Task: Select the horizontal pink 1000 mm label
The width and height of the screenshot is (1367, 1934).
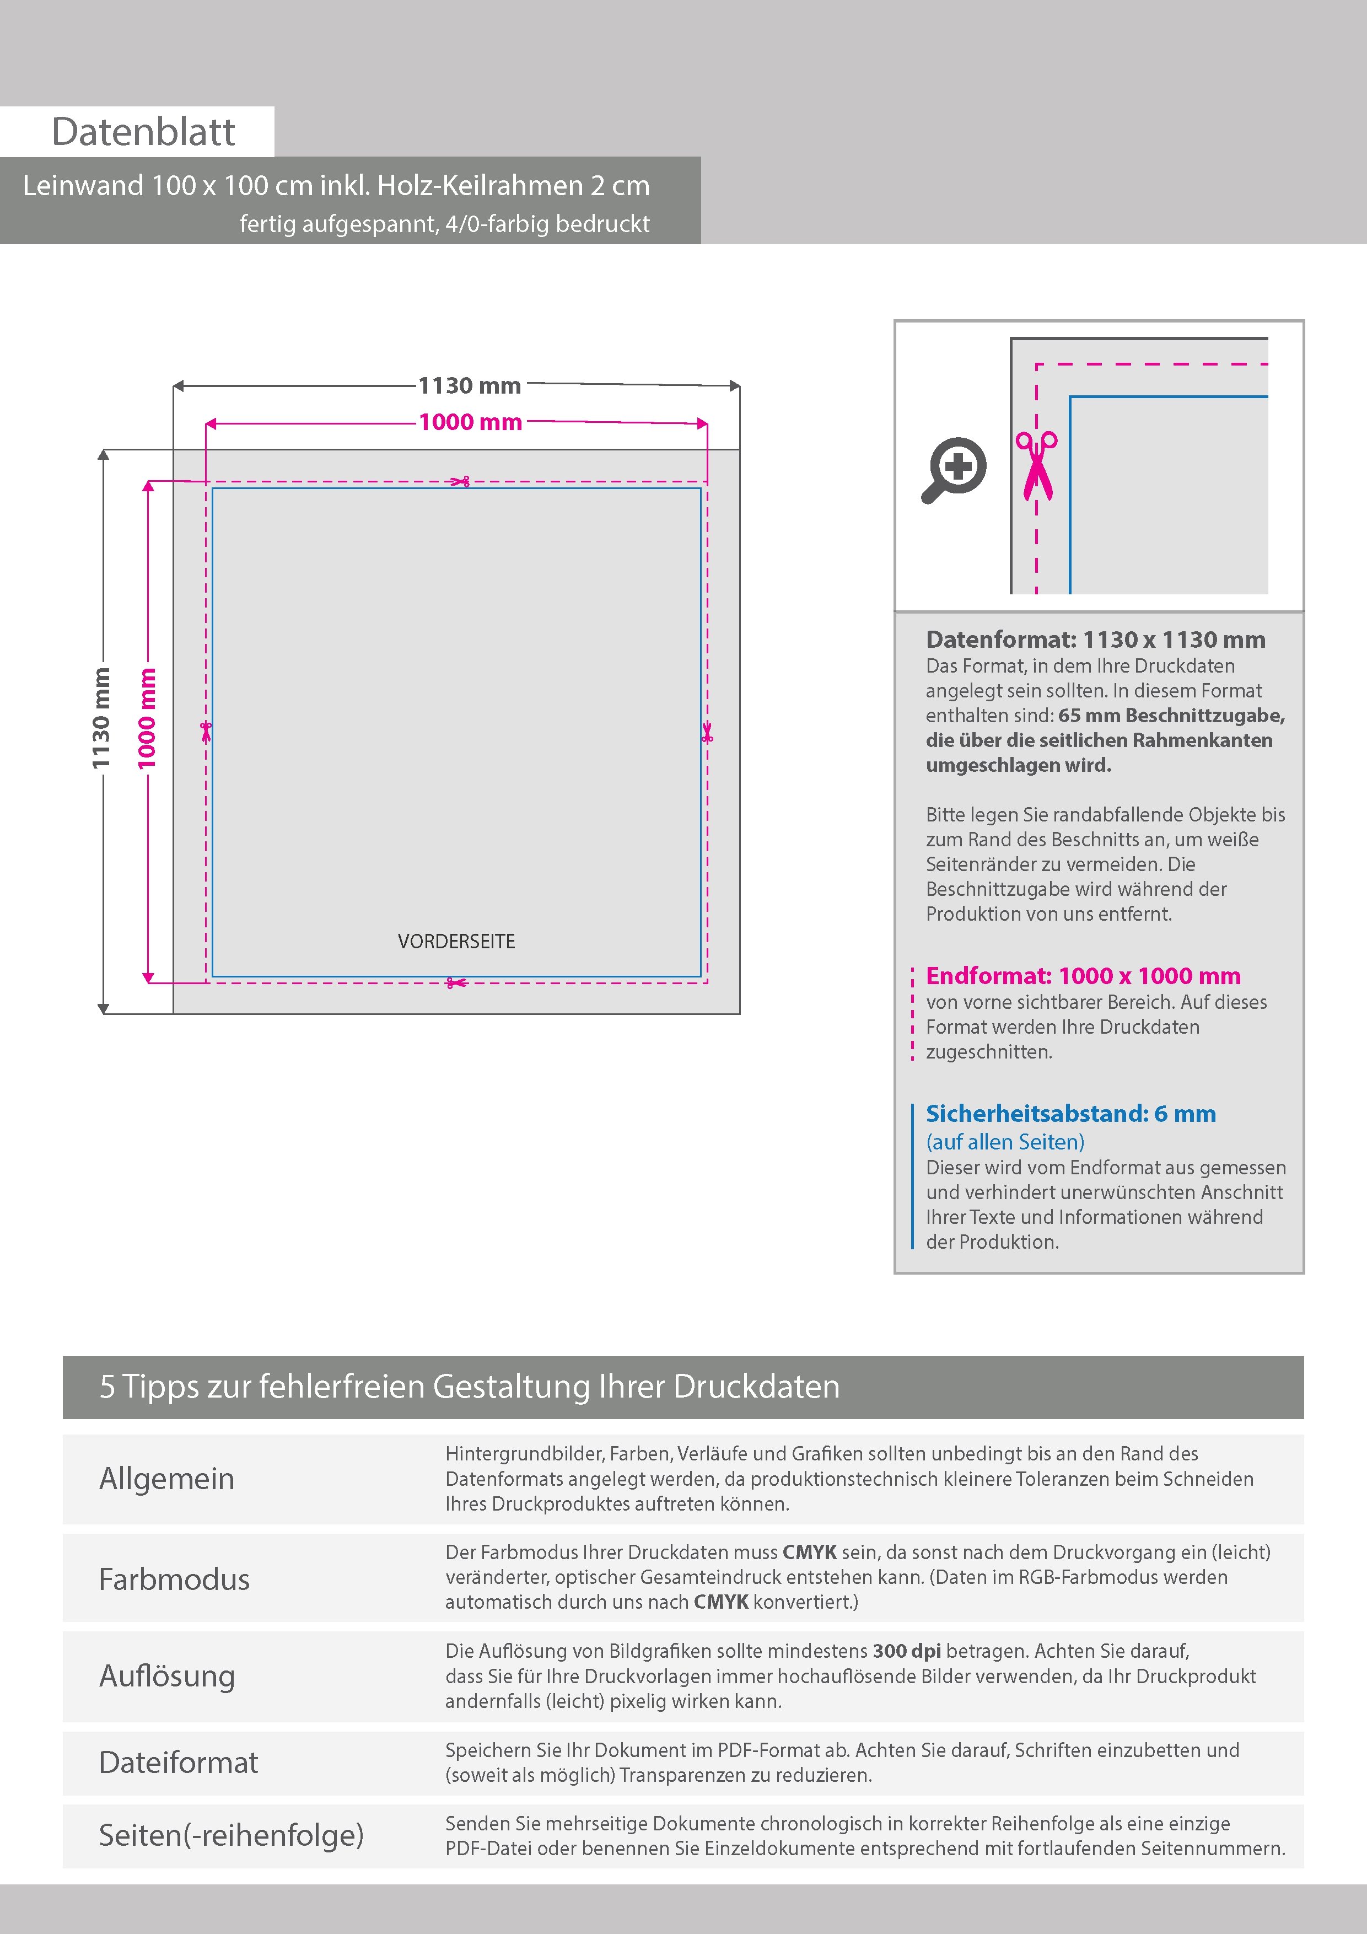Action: click(x=470, y=422)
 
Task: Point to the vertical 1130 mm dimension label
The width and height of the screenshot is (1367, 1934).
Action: click(x=101, y=718)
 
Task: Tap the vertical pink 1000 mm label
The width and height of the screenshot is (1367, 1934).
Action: click(x=147, y=718)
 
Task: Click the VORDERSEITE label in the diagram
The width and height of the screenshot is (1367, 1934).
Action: click(x=456, y=941)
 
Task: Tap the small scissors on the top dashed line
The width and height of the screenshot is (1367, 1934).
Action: click(x=460, y=482)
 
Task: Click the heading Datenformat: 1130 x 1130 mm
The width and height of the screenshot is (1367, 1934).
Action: click(x=1095, y=640)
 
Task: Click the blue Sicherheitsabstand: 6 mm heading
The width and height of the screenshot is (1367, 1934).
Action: click(x=1070, y=1114)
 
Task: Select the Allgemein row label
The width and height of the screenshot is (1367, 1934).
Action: click(x=167, y=1478)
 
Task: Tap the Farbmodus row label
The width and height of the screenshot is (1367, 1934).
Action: click(x=174, y=1578)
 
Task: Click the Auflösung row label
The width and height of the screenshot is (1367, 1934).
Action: click(x=167, y=1675)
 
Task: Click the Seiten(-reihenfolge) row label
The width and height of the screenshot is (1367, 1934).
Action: click(x=231, y=1835)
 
